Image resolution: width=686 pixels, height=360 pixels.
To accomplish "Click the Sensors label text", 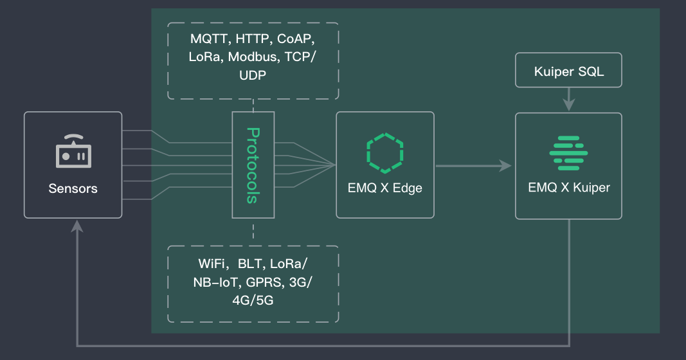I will [73, 188].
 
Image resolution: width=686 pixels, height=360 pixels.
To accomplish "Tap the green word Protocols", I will [253, 165].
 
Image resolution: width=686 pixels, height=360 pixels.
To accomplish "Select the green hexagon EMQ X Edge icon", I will [385, 153].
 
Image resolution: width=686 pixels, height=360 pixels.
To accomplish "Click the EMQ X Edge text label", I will [385, 189].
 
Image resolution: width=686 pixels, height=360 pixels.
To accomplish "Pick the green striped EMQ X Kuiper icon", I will [568, 153].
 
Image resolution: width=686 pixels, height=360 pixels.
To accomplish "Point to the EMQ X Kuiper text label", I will [569, 188].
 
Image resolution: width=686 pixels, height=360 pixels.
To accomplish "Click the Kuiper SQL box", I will [569, 71].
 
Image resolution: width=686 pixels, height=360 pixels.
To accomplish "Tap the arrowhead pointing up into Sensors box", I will [77, 226].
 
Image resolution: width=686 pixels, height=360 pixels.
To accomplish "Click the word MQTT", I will [205, 39].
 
